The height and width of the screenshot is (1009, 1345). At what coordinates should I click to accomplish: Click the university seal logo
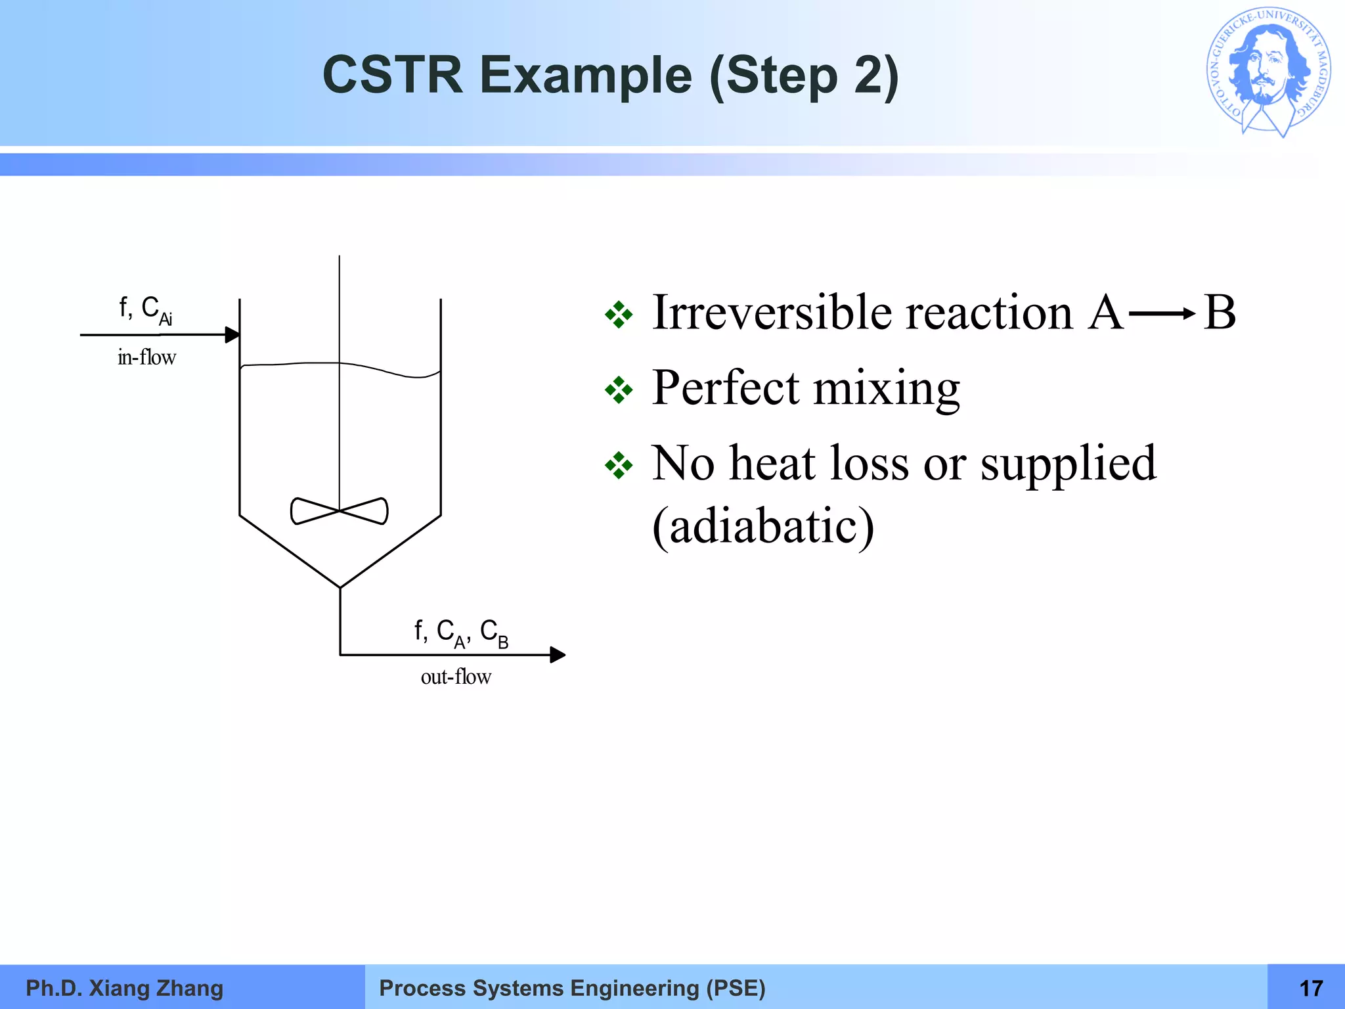(x=1268, y=72)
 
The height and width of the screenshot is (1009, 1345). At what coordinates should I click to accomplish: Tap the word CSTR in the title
(x=392, y=76)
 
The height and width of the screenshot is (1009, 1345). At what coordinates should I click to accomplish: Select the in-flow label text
(x=146, y=357)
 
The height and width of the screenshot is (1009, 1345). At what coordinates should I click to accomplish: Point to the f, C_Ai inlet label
(x=146, y=309)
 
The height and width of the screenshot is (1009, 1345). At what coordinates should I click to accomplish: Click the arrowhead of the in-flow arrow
(x=232, y=335)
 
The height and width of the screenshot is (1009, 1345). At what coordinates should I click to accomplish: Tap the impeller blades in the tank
(x=339, y=511)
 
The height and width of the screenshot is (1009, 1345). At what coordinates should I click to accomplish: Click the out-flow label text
(x=456, y=677)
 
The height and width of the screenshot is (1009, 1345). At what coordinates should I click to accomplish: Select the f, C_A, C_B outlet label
(x=461, y=633)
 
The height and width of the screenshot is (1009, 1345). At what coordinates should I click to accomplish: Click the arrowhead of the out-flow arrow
(x=558, y=655)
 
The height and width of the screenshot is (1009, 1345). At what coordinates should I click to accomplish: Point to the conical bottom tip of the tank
(x=340, y=587)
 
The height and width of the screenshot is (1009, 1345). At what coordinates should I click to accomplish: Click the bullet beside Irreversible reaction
(x=619, y=315)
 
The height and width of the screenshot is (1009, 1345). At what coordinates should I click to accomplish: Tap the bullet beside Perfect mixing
(x=619, y=390)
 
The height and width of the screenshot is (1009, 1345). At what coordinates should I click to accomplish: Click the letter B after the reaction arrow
(x=1220, y=312)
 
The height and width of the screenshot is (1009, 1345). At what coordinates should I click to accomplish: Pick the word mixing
(x=887, y=389)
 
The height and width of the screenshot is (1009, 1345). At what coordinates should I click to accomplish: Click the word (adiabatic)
(x=763, y=526)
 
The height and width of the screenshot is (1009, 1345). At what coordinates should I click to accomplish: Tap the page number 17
(x=1311, y=988)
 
